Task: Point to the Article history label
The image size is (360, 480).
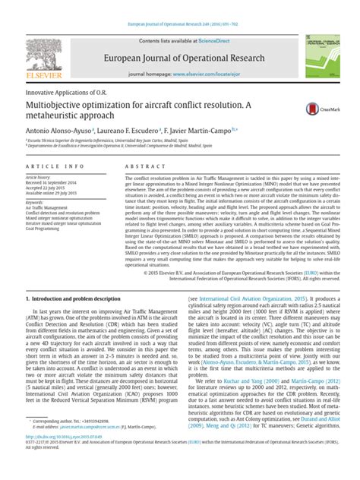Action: click(37, 176)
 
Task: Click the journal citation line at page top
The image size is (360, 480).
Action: click(180, 5)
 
